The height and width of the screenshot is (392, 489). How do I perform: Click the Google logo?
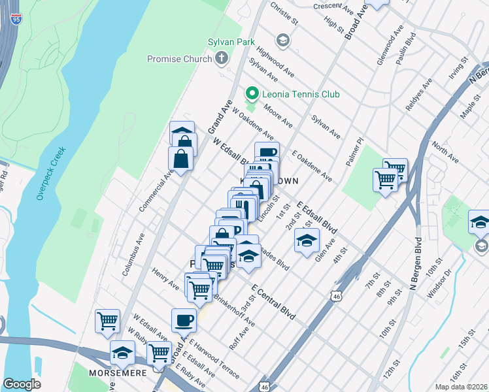(x=22, y=384)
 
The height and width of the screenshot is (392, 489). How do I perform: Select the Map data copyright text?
(x=462, y=387)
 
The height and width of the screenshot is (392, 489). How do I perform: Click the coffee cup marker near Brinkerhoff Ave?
(x=184, y=321)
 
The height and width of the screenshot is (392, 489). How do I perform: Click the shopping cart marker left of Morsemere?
(x=107, y=321)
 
